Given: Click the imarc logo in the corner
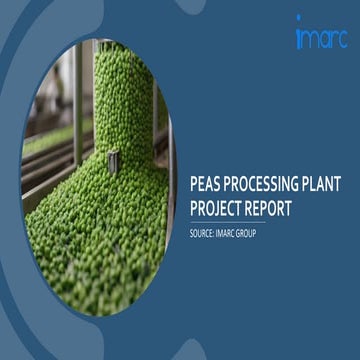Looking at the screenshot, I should coord(320,37).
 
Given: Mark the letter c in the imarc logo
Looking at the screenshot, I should coord(341,40).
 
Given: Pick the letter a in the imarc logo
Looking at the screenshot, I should coord(323,40).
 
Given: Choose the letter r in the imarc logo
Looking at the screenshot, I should coord(333,40).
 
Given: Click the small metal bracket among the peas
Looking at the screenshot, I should coord(113,157).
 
